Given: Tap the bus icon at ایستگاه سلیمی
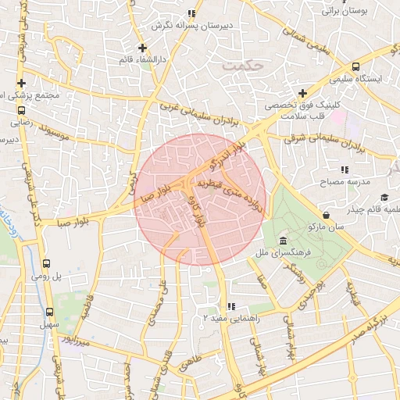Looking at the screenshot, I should coord(356,67).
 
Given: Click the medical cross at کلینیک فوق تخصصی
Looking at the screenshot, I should coord(302,93).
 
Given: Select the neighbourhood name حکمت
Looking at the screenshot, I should coord(238,66).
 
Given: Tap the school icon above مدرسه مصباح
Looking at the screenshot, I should coord(344,169).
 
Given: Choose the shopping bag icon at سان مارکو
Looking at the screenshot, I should coord(325,214).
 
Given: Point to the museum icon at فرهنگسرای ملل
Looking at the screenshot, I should coord(281,241).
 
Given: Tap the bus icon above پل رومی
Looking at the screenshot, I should coord(46,264).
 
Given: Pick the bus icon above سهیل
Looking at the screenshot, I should coord(49,310).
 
